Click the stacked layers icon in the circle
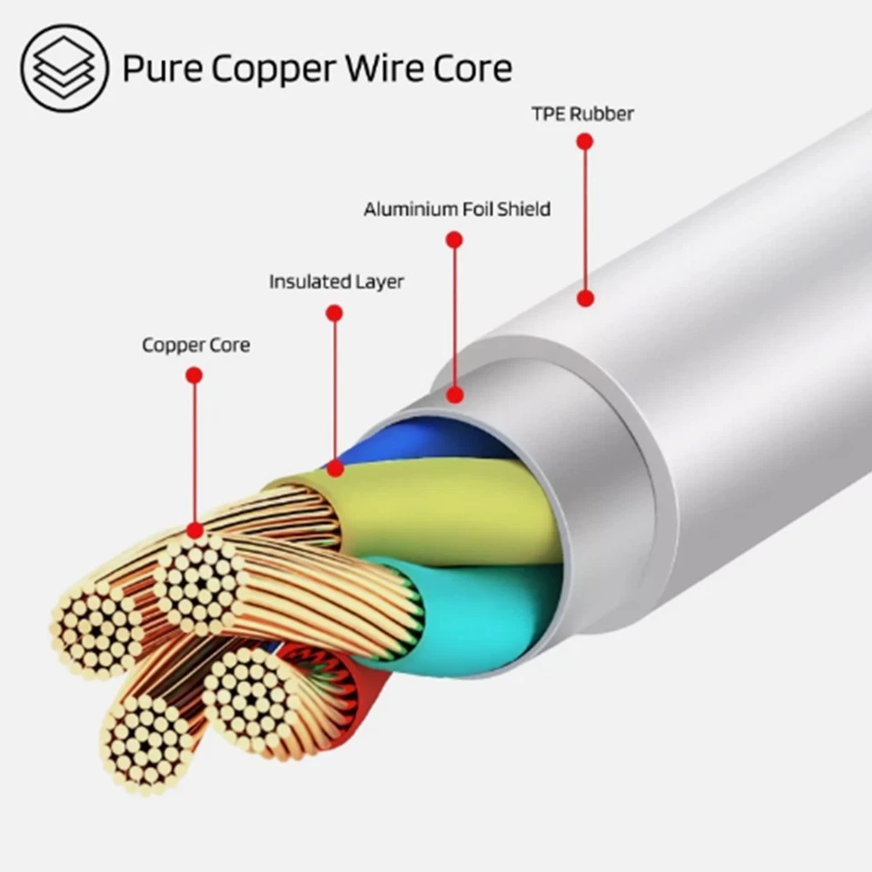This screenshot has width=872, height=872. click(64, 68)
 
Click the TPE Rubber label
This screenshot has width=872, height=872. click(582, 114)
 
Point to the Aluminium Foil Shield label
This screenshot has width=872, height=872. click(457, 210)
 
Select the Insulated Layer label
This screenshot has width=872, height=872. click(336, 282)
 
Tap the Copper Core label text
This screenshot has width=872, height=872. click(195, 345)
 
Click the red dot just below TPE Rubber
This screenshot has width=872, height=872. click(585, 142)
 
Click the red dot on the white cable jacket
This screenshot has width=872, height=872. click(586, 297)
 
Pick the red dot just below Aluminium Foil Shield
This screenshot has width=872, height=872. click(454, 240)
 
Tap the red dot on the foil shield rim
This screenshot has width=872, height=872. click(455, 394)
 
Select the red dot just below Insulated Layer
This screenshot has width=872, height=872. click(334, 313)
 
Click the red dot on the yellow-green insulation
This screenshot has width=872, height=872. click(335, 469)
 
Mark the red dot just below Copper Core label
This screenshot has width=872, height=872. click(193, 374)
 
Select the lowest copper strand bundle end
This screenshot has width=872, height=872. click(145, 745)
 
